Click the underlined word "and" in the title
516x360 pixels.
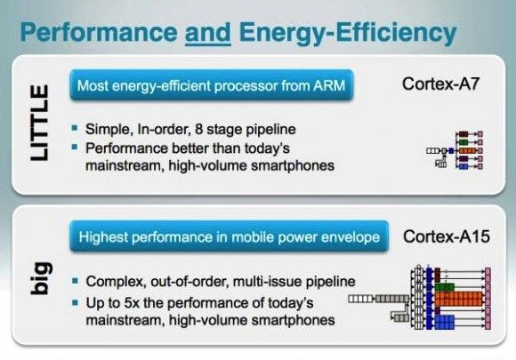[x=207, y=33]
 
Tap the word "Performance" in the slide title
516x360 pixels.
[x=99, y=32]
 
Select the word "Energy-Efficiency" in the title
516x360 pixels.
[x=348, y=34]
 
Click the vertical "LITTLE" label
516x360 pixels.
[x=40, y=123]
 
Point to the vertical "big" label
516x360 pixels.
[x=41, y=278]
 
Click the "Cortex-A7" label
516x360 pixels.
[x=440, y=84]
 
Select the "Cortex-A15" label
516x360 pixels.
[x=447, y=236]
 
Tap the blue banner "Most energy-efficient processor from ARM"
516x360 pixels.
[x=211, y=85]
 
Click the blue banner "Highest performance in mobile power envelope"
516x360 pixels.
[x=229, y=236]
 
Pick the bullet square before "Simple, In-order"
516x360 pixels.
[x=75, y=128]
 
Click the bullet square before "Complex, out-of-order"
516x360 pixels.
[x=76, y=280]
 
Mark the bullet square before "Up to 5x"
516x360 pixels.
[x=76, y=302]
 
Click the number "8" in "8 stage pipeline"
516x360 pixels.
[x=198, y=129]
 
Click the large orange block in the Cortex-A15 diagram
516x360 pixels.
[x=458, y=299]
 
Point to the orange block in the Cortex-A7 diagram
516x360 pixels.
[x=467, y=150]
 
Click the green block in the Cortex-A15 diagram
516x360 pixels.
[x=444, y=287]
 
